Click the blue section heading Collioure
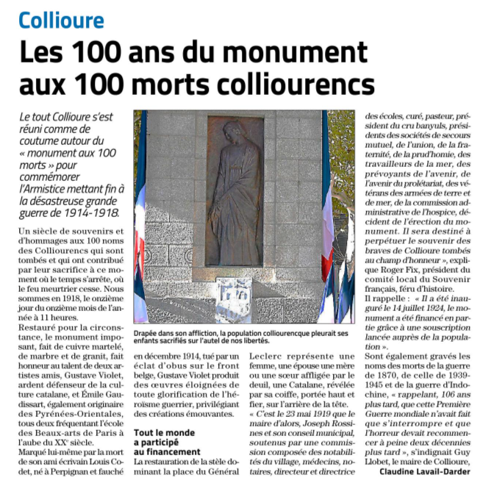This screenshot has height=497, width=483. pyautogui.click(x=62, y=20)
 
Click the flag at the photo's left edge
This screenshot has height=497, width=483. pyautogui.click(x=140, y=221)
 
